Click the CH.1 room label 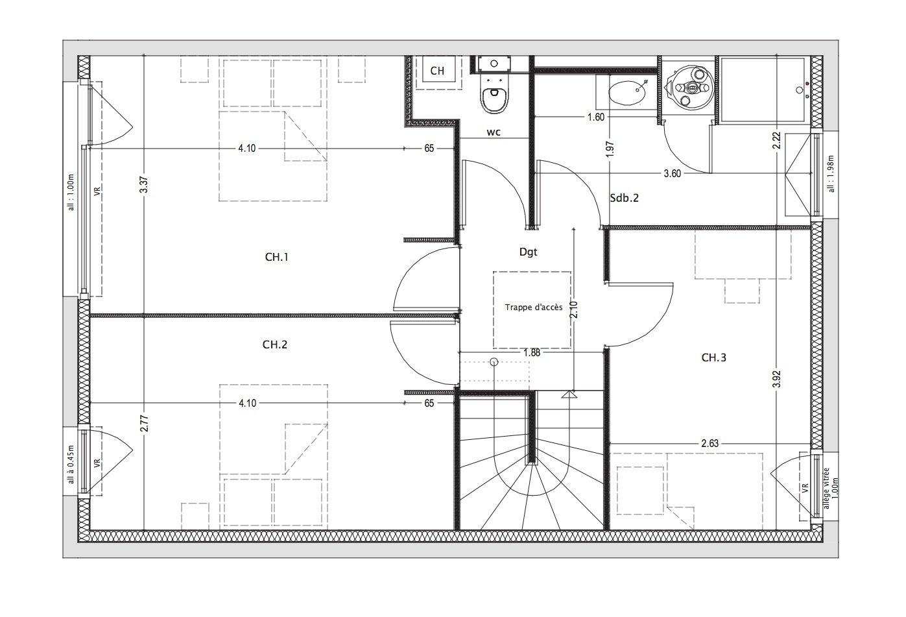coord(277,257)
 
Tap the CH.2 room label coord(274,345)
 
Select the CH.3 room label coord(713,357)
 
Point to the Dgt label coord(529,252)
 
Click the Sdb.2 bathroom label coord(624,198)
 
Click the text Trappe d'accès coord(534,308)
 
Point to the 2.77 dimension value coord(145,423)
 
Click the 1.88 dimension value coord(531,353)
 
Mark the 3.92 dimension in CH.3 coord(776,379)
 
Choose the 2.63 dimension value coord(710,443)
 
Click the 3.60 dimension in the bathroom coord(673,174)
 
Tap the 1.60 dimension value coord(596,117)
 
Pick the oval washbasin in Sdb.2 coord(627,93)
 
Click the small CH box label coord(437,71)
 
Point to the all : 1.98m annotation coord(831,174)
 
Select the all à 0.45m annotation coord(71,465)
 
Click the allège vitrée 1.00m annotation coord(829,489)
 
